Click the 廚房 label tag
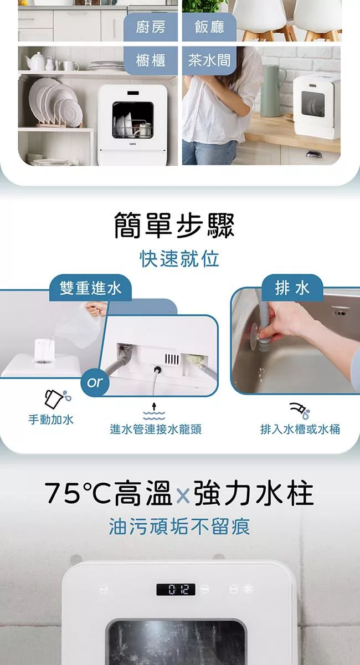coord(151,27)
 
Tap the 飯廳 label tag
coord(209,27)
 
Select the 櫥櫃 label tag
coord(151,60)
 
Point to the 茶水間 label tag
coord(209,60)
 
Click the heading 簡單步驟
coord(174,226)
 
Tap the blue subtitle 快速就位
coord(179,259)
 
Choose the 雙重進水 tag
coord(90,288)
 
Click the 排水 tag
coord(292,288)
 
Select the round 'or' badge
coord(95,382)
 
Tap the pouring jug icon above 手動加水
coord(58,398)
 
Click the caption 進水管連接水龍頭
coord(156,429)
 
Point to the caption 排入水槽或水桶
coord(300,429)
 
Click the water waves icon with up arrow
coord(154,411)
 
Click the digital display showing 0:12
coord(176,589)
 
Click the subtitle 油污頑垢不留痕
coord(179,526)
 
